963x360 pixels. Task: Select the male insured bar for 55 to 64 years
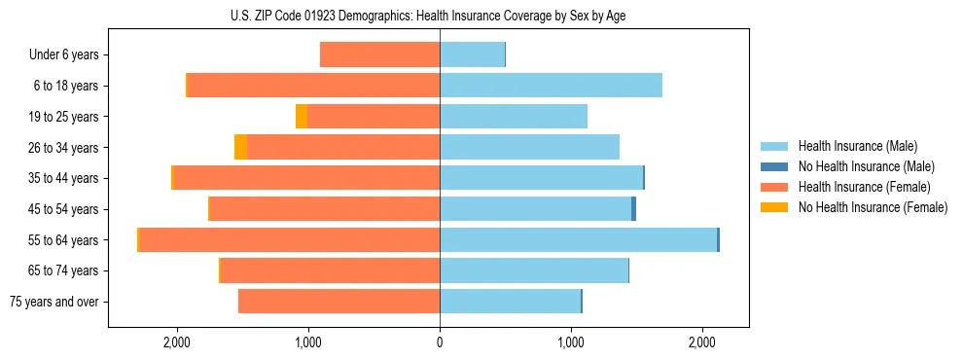point(578,239)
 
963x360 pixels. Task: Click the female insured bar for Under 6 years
point(379,54)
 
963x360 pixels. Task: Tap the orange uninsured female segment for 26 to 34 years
point(240,147)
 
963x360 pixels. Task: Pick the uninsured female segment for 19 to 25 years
point(302,116)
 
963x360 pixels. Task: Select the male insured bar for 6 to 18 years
point(551,86)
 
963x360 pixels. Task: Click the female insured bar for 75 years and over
point(339,301)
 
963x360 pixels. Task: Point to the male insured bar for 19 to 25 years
point(514,116)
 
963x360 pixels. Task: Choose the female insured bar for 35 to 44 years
point(306,178)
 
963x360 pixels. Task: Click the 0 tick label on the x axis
point(440,342)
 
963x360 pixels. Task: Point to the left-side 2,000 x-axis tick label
point(176,342)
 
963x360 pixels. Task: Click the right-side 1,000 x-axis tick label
point(571,342)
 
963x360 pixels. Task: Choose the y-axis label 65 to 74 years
point(65,270)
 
